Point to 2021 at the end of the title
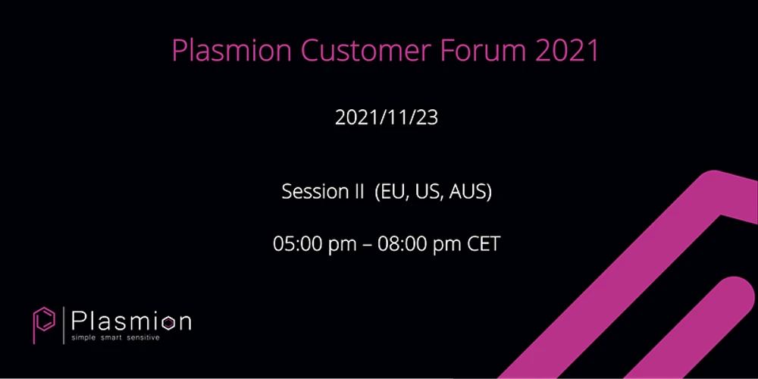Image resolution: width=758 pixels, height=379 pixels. (x=567, y=51)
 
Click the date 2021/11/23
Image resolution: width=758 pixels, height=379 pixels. (x=387, y=118)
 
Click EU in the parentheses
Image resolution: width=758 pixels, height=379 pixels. (x=393, y=193)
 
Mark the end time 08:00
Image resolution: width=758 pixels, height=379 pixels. (x=405, y=245)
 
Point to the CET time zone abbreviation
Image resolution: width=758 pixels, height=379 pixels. (x=484, y=245)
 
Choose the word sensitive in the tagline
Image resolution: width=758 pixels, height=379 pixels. (x=144, y=337)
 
